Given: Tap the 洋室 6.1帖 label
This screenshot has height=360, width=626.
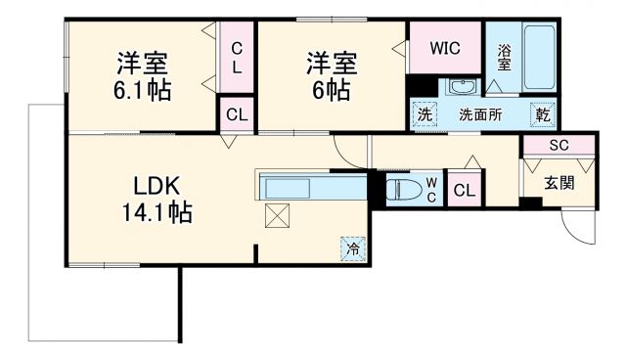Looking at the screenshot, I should click(x=142, y=76).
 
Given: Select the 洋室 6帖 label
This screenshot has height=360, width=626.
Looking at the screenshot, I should click(x=329, y=76).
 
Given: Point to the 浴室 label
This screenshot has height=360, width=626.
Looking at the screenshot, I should click(x=504, y=58).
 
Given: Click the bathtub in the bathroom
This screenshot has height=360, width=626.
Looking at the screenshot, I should click(x=540, y=59).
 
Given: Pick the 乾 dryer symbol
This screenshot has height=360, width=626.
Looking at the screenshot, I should click(x=543, y=113).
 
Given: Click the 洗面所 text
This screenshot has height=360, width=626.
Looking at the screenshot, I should click(x=481, y=114).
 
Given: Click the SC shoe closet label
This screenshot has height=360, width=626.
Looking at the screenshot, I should click(x=558, y=145).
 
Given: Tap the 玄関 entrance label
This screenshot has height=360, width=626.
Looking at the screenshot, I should click(x=559, y=182).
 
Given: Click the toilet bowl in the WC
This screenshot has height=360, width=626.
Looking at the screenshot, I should click(x=403, y=189).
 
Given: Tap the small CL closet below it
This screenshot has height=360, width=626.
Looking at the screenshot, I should click(x=237, y=114).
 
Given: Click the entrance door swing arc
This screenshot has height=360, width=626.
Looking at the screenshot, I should click(x=581, y=231).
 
